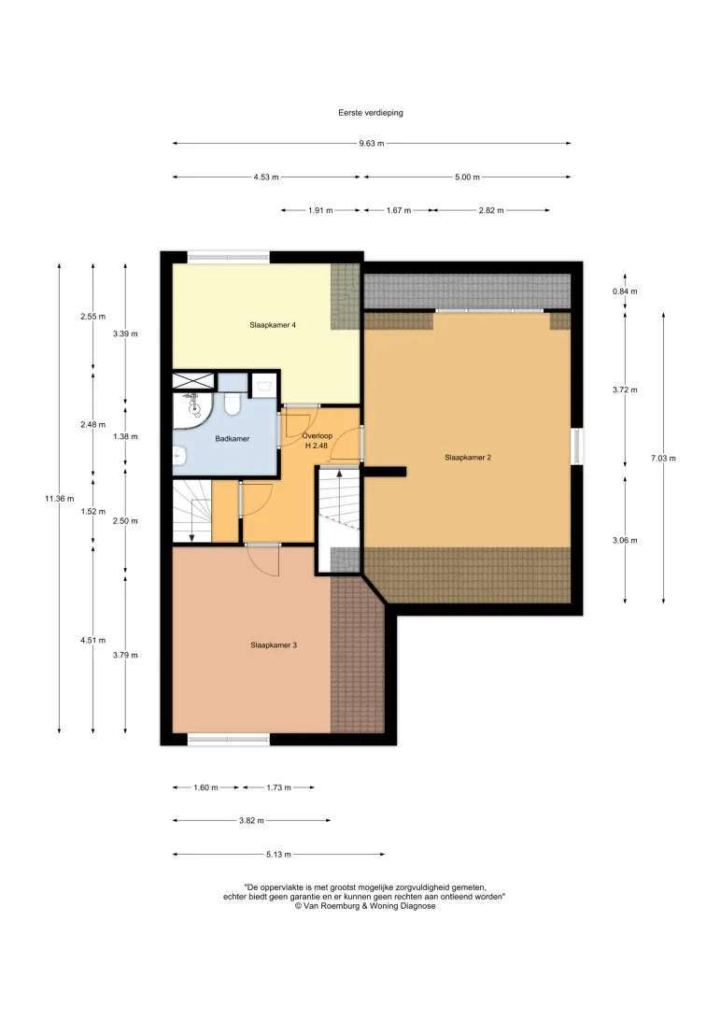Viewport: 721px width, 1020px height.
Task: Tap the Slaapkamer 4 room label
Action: click(x=273, y=325)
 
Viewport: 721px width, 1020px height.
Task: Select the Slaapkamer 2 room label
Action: click(x=468, y=458)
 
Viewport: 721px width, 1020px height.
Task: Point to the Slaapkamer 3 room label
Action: click(x=274, y=645)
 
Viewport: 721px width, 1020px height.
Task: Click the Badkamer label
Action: click(x=233, y=438)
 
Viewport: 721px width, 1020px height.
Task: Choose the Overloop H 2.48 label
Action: click(x=317, y=440)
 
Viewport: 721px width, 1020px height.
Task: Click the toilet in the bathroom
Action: click(x=232, y=404)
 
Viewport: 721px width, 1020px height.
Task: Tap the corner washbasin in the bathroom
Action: click(x=193, y=408)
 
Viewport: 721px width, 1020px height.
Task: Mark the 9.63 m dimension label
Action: click(x=371, y=143)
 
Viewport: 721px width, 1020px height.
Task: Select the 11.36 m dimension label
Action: click(x=59, y=498)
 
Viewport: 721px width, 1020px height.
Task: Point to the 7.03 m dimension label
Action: click(x=663, y=458)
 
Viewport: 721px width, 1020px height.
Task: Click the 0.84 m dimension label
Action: click(x=625, y=291)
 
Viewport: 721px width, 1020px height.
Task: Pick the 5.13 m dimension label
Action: click(x=278, y=854)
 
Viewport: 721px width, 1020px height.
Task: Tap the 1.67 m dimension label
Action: click(x=399, y=210)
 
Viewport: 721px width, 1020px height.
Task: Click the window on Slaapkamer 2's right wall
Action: click(x=576, y=446)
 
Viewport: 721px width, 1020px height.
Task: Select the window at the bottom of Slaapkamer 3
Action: click(x=229, y=739)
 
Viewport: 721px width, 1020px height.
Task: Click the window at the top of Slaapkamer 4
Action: click(x=229, y=257)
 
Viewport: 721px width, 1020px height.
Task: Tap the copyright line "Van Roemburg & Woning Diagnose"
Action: click(x=365, y=905)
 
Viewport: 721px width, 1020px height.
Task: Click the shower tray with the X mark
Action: click(x=193, y=381)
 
